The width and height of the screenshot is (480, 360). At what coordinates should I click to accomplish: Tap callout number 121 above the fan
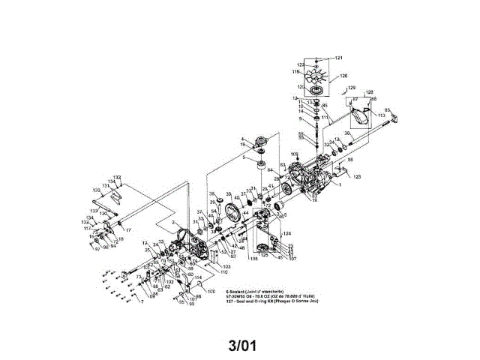click(x=338, y=58)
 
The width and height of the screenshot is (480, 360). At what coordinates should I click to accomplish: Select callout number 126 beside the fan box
click(x=344, y=76)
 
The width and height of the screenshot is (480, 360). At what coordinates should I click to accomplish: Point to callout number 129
click(x=352, y=88)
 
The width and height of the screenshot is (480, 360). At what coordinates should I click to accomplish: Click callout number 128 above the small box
click(x=370, y=91)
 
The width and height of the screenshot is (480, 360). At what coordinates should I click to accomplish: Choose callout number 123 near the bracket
click(x=357, y=176)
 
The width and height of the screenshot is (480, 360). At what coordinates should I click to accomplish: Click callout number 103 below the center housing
click(x=226, y=266)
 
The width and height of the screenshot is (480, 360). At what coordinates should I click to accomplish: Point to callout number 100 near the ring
click(x=211, y=290)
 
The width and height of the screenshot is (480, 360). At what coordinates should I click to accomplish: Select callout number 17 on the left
click(x=128, y=229)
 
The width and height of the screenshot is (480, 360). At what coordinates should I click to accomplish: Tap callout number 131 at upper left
click(x=106, y=186)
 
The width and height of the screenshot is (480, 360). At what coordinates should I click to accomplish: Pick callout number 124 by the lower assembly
click(x=287, y=234)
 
